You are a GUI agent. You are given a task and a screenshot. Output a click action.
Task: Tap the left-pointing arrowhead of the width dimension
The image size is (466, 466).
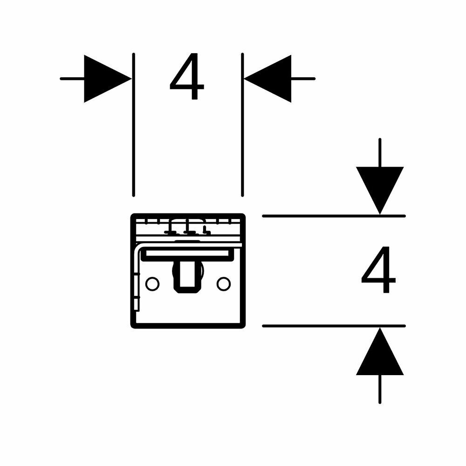point(268,78)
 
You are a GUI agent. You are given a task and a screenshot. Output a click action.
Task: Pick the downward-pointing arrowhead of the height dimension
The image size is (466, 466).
point(380,189)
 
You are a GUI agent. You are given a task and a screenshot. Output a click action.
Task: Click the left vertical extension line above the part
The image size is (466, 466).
point(134,126)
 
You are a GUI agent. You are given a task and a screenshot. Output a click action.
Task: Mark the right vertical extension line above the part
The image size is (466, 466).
point(242,126)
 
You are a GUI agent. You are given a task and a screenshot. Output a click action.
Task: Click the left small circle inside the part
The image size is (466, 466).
point(152,283)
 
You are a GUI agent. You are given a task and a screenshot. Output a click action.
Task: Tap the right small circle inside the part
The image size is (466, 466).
point(224,283)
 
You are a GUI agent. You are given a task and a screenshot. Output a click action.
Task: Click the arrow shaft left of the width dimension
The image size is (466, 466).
point(72,78)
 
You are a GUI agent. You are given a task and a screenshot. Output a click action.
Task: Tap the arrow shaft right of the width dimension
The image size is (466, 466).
point(303,78)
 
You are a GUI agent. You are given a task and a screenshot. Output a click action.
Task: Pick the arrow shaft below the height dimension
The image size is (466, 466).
point(380,389)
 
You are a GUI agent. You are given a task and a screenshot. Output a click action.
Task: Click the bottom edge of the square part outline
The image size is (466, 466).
point(187,327)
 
